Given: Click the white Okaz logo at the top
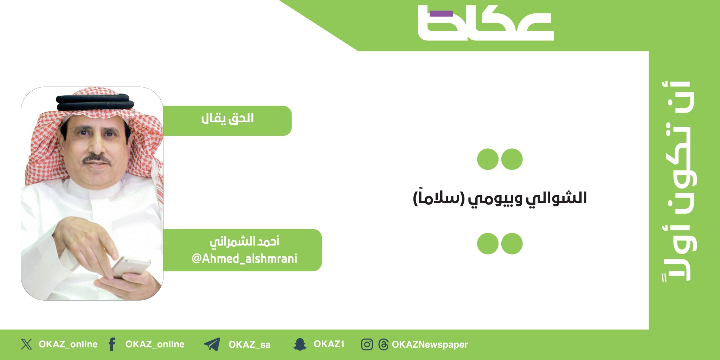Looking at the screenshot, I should tap(485, 24).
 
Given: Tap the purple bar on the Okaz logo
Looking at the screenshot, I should tap(441, 14).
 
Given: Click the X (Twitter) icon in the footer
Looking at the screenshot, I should tap(26, 344).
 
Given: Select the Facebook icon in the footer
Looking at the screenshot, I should tap(112, 344).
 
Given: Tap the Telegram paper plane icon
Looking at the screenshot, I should tap(212, 344).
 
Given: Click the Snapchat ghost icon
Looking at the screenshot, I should tap(300, 344).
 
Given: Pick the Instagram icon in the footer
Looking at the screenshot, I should tap(367, 344).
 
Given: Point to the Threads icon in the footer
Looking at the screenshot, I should tap(383, 344).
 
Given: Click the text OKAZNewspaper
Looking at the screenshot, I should tap(430, 345).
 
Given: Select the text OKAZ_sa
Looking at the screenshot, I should tap(249, 345).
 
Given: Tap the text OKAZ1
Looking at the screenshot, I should tap(329, 344).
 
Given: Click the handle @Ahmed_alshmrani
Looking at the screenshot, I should tap(244, 259).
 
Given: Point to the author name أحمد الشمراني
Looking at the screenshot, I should tap(244, 242).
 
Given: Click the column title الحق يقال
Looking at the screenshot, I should tap(227, 118).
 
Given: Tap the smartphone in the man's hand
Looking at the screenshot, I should tap(131, 268).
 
